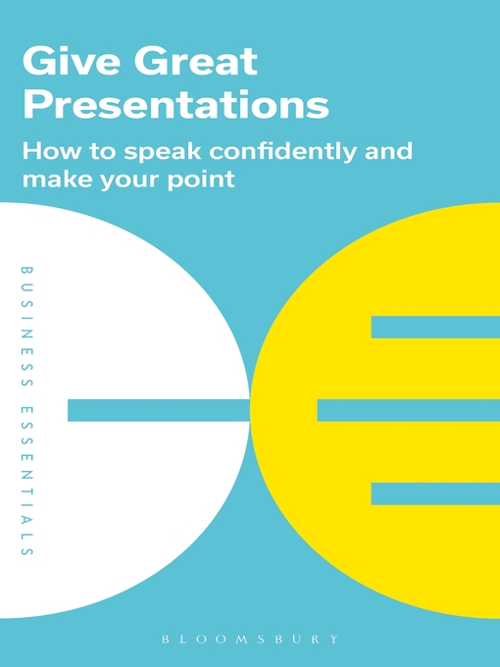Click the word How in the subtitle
point(49,152)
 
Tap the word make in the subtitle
point(53,180)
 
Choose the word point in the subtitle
point(202,180)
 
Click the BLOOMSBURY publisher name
point(250,639)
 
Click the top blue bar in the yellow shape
point(435,327)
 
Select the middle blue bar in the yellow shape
point(408,410)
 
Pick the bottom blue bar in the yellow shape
point(435,493)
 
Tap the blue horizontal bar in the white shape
point(157,410)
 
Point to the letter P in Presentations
point(36,103)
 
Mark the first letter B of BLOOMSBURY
point(167,639)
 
